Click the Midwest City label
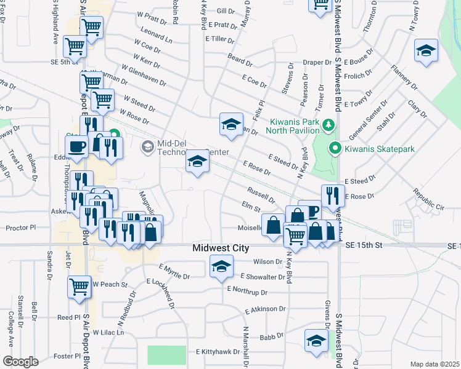[221, 248]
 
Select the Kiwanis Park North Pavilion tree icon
[328, 125]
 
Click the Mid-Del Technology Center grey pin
[147, 146]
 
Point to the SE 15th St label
[364, 245]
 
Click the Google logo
[20, 362]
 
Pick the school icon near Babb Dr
[316, 341]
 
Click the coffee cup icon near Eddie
[78, 147]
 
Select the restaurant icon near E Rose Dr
[333, 196]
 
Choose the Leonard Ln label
[157, 38]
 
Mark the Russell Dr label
[261, 196]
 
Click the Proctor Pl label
[22, 228]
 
